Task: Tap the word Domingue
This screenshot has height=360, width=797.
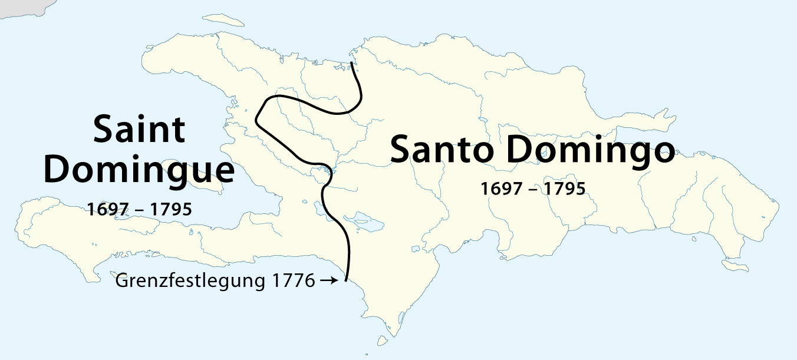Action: pos(139,170)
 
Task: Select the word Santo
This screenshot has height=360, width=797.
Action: pos(442,150)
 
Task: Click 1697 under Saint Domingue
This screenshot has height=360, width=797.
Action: pos(107,209)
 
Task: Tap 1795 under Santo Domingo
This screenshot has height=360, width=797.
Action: pos(564,189)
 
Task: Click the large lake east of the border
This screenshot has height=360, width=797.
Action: pos(364,223)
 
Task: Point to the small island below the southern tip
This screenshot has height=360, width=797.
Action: pos(383,341)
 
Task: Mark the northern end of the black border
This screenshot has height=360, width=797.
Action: pos(352,62)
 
